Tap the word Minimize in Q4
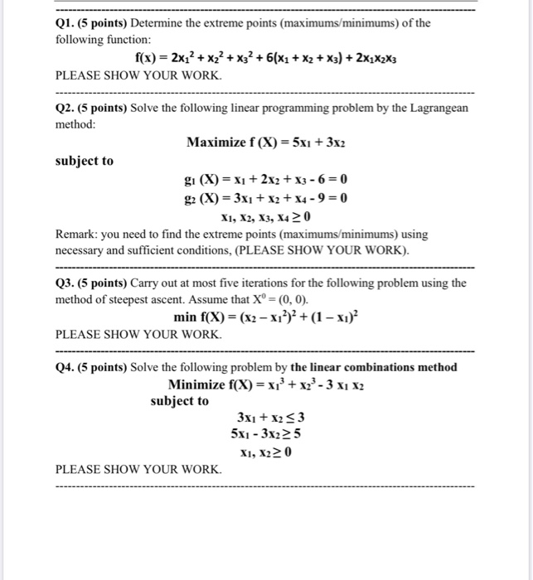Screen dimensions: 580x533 [198, 384]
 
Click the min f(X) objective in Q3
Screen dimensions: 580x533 [266, 317]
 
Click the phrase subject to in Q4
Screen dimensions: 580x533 [179, 401]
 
